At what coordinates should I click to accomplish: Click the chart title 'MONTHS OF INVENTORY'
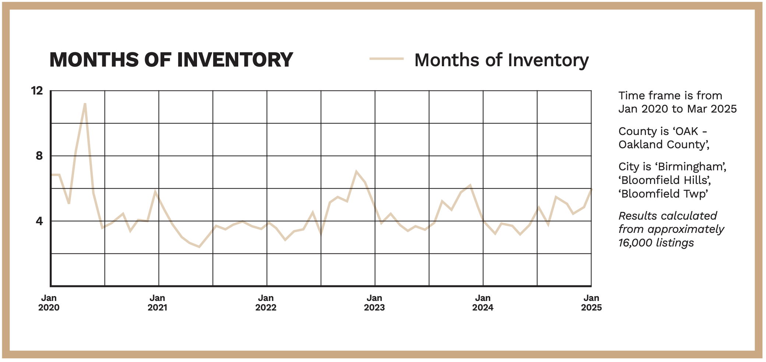pos(171,60)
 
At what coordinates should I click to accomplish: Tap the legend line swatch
pos(386,59)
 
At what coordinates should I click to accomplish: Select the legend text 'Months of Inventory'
pos(501,60)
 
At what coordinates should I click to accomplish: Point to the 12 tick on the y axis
pos(37,90)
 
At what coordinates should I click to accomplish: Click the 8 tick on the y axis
pos(39,156)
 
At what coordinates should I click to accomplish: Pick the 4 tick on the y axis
pos(39,221)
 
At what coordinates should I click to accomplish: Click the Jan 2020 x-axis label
pos(49,303)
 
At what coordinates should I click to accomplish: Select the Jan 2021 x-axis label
pos(157,303)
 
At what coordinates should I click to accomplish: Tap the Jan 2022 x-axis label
pos(266,303)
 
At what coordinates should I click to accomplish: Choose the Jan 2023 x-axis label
pos(374,303)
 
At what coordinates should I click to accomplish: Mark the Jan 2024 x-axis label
pos(483,303)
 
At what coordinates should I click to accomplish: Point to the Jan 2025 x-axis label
pos(591,303)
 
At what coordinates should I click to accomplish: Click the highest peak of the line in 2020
pos(85,104)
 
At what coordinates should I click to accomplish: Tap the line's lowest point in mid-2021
pos(199,247)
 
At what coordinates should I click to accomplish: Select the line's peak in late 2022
pos(356,171)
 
